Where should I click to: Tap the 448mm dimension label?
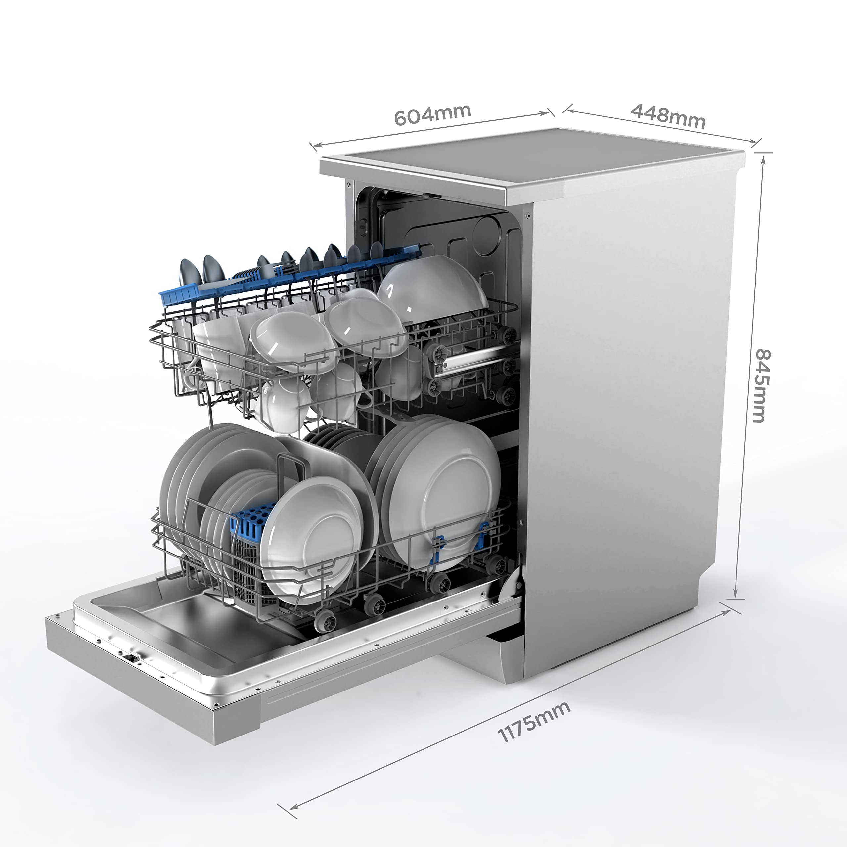pyautogui.click(x=668, y=115)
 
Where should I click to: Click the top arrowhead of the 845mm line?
pyautogui.click(x=763, y=159)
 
